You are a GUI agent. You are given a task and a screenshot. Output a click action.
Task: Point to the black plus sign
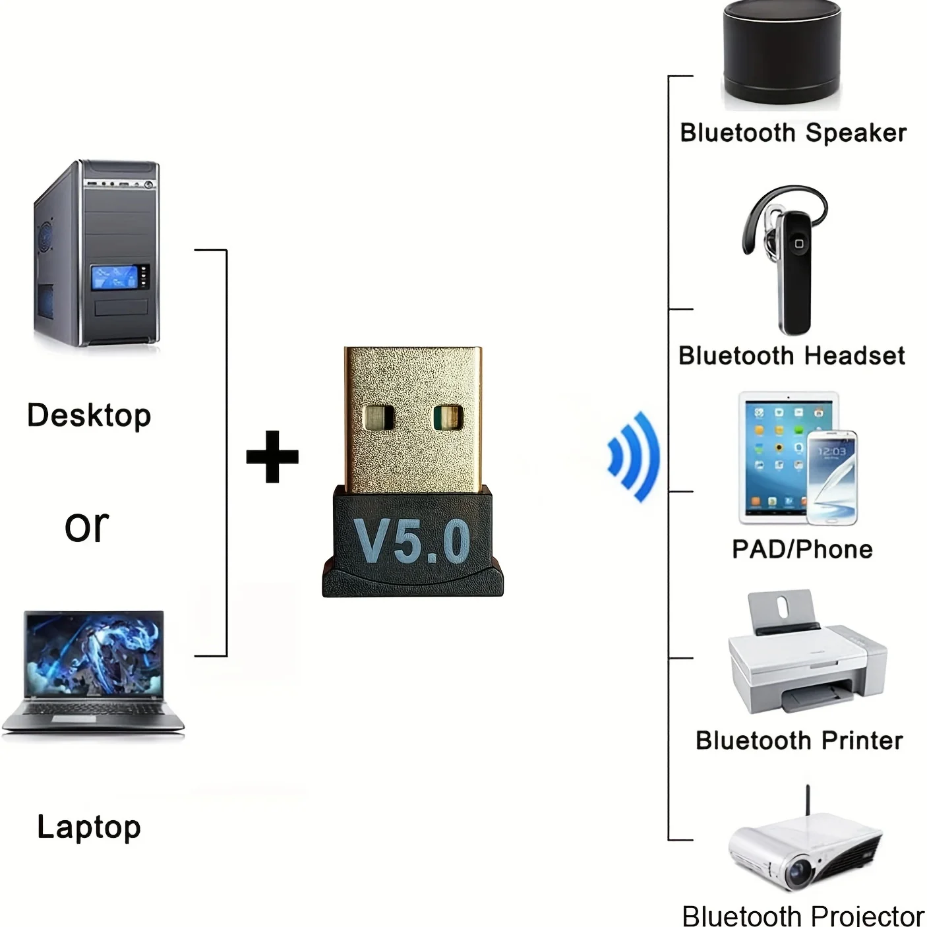pos(272,457)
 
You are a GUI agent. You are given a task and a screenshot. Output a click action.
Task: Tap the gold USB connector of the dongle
pos(413,418)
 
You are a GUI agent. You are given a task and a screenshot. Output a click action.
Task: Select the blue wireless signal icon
pos(634,456)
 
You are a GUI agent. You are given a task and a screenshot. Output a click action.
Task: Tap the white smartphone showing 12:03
pos(833,478)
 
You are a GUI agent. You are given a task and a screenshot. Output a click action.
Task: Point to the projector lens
pos(800,873)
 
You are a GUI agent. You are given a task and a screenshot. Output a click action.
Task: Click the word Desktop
pos(89,416)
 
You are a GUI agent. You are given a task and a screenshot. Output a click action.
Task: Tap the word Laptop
pos(89,827)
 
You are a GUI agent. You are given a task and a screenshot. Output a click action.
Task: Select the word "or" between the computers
pos(87,526)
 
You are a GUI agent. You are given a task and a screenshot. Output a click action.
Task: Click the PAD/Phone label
pos(802,549)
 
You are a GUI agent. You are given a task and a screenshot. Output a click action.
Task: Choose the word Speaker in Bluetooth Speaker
pos(856,133)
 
